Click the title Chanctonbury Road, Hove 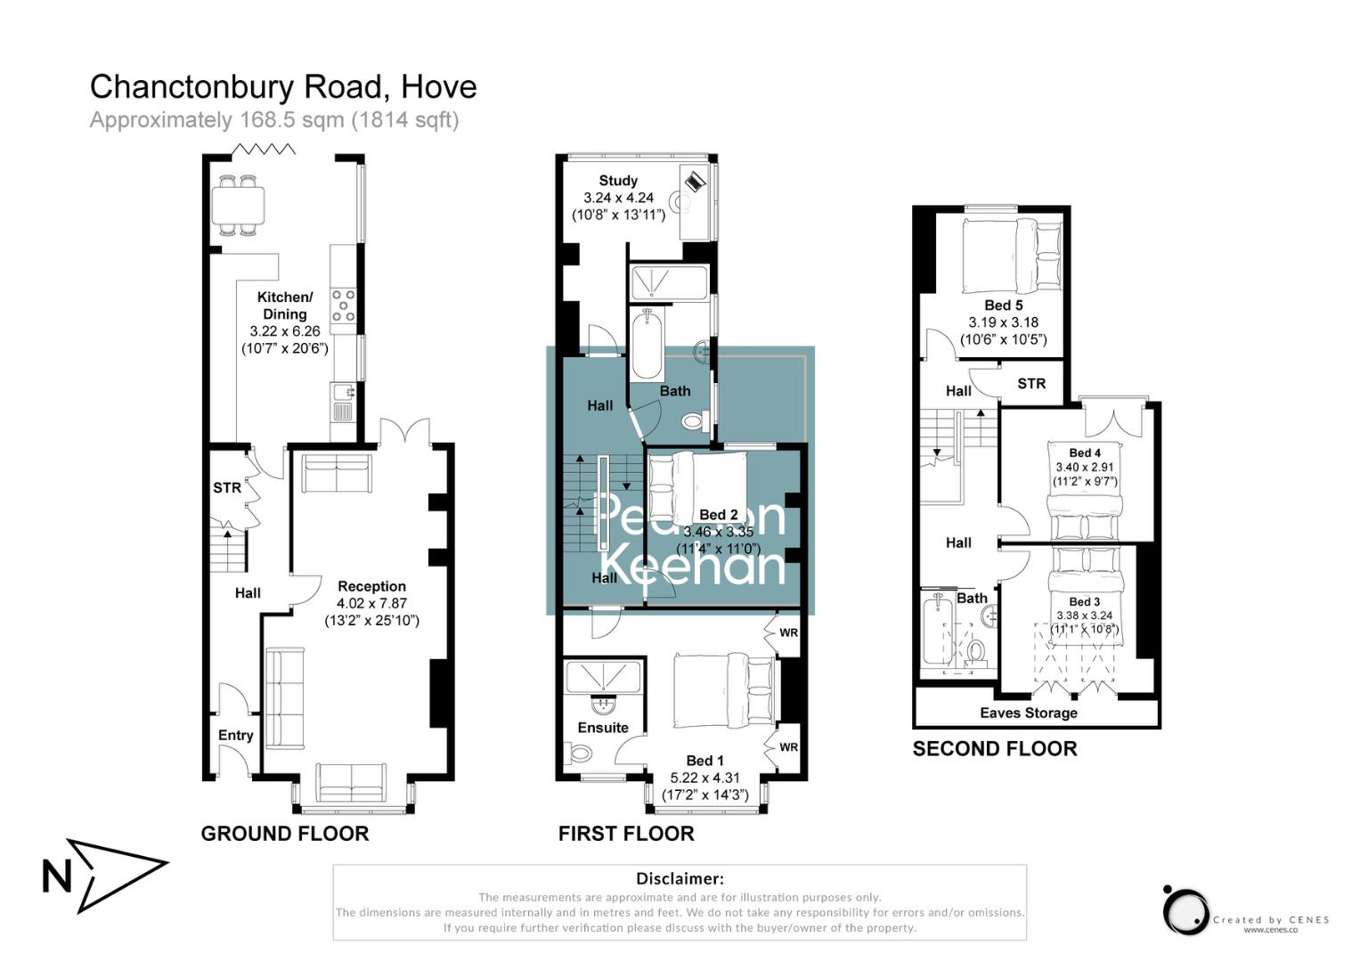[x=283, y=86]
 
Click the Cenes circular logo [x=1185, y=911]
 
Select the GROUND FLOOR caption [x=284, y=834]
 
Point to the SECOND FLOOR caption [x=994, y=749]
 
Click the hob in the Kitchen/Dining [x=343, y=306]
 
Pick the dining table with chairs [x=238, y=206]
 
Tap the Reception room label [x=371, y=586]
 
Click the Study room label [x=618, y=181]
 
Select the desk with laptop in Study [x=694, y=201]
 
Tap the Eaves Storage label [x=1028, y=713]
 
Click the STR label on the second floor [x=1030, y=384]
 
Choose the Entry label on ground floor [x=235, y=735]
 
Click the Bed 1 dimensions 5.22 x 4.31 [x=704, y=778]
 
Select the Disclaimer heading [x=680, y=878]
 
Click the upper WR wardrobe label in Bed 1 [x=788, y=633]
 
